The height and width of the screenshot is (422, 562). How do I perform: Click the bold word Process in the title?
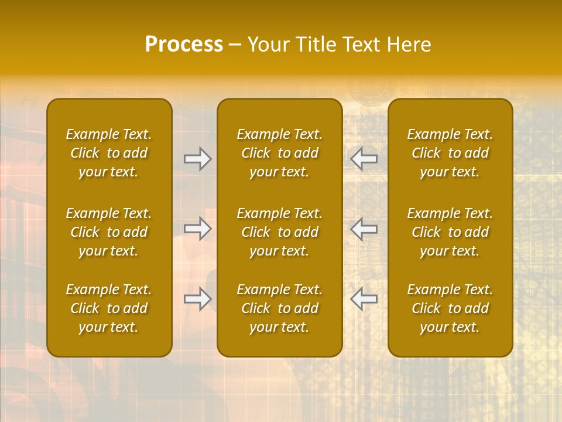coord(184,45)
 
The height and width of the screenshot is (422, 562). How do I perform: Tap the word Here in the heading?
coord(408,45)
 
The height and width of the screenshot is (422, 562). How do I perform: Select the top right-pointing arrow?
coord(197,159)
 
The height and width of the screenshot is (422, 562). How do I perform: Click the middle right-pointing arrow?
coord(197,229)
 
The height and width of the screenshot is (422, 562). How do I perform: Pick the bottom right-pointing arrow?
coord(197,298)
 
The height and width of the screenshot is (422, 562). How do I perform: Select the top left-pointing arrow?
coord(364,159)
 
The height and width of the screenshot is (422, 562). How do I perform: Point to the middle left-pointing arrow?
coord(364,229)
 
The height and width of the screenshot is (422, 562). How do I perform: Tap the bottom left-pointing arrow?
coord(364,298)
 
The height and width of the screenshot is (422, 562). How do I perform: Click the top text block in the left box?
coord(109,153)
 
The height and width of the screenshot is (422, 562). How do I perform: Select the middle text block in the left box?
coord(109,232)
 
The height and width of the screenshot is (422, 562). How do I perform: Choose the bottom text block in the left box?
coord(109,308)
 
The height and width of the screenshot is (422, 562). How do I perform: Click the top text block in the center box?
coord(280,153)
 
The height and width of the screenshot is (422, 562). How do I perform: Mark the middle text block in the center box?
coord(280,232)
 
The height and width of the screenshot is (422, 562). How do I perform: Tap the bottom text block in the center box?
coord(280,308)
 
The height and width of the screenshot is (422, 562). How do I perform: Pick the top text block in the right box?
coord(450,153)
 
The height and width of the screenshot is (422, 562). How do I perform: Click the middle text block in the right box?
coord(450,232)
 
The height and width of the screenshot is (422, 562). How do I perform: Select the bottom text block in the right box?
coord(450,308)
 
